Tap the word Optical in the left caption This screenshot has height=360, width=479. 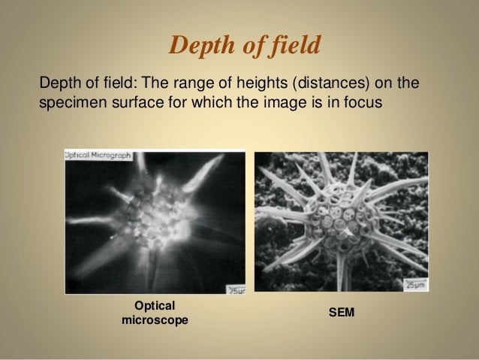(x=154, y=306)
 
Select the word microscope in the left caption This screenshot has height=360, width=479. (x=154, y=320)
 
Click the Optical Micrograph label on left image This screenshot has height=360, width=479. (x=98, y=156)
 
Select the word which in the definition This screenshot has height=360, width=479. (x=199, y=101)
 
